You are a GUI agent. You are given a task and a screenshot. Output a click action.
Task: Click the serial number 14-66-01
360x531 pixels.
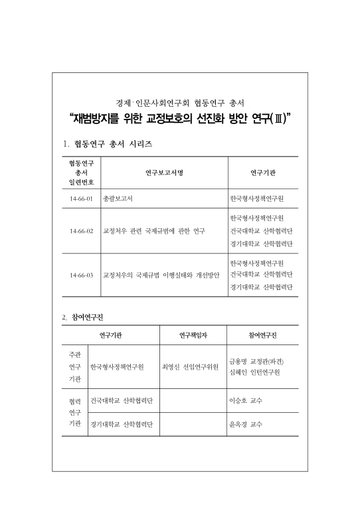click(81, 198)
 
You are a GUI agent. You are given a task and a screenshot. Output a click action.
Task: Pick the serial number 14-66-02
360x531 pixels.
click(81, 231)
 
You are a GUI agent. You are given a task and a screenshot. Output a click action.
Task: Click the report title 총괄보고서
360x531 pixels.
click(118, 198)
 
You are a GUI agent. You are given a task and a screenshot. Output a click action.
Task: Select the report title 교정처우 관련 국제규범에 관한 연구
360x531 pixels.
click(153, 231)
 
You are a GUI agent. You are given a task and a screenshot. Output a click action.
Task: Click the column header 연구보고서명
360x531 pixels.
click(163, 173)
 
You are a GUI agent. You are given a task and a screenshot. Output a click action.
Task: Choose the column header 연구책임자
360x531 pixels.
click(193, 335)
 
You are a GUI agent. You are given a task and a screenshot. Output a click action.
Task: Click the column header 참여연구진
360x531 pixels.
click(262, 335)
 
